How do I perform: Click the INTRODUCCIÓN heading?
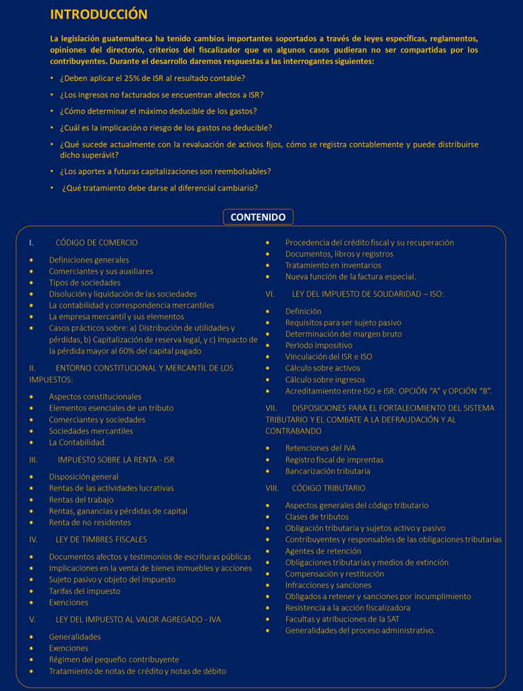pos(99,14)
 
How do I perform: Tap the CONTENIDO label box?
pos(258,217)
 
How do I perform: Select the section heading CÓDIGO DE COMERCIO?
pos(96,242)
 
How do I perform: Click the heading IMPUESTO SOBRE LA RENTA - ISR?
pos(115,460)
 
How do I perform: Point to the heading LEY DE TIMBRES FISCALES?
pos(101,539)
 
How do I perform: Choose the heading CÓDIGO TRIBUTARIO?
pos(329,488)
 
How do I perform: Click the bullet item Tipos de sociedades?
pos(84,283)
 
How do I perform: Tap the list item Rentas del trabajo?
pos(81,499)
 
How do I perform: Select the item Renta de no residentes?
pos(90,522)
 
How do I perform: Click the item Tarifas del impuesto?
pos(84,591)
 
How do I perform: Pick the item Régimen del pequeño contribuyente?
pos(113,659)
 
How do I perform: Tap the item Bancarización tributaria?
pos(327,471)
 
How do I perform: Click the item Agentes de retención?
pos(323,551)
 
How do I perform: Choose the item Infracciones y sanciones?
pos(328,585)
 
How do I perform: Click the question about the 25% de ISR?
pos(152,78)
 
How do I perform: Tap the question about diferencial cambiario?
pos(159,188)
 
